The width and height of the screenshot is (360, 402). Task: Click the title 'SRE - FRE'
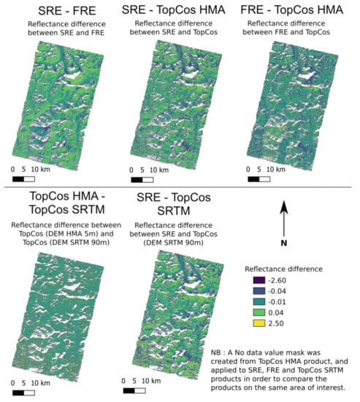(x=60, y=11)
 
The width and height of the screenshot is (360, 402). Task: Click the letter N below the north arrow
(x=285, y=243)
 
